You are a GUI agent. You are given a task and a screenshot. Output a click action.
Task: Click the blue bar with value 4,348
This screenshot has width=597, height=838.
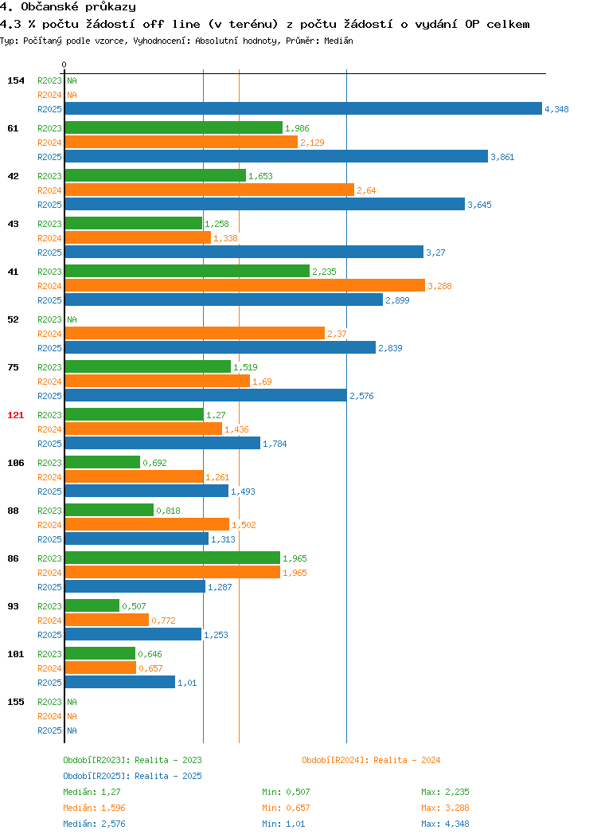303,108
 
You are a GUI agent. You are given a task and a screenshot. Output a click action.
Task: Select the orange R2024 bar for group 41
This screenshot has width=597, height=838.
245,285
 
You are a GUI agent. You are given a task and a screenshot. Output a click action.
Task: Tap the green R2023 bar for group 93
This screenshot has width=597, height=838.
92,605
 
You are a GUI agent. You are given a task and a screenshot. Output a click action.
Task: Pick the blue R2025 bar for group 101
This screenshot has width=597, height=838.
120,682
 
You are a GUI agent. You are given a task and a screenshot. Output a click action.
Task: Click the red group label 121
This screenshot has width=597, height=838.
15,415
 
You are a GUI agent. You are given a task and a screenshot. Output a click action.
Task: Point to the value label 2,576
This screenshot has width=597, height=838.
361,396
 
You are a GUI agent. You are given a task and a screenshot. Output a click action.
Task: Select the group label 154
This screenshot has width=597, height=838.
15,80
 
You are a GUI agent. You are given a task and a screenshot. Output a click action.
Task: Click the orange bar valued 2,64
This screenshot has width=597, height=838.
209,190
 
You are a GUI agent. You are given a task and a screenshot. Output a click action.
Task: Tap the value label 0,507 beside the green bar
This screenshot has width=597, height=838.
134,606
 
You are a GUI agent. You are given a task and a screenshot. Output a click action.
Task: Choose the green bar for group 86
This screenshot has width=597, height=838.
173,558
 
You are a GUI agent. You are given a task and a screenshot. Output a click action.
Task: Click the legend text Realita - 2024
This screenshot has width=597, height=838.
407,760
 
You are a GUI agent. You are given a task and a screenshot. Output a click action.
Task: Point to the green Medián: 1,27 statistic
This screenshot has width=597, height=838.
92,792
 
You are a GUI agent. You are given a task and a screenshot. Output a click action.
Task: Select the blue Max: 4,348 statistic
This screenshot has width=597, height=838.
445,824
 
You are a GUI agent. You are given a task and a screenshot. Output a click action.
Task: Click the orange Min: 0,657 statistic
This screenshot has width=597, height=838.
286,808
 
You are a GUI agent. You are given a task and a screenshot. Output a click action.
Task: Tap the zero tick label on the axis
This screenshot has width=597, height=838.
64,65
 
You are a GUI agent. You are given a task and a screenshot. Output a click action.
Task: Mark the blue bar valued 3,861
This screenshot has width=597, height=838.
276,156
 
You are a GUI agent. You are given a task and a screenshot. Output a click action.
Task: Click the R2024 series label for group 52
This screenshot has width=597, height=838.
49,334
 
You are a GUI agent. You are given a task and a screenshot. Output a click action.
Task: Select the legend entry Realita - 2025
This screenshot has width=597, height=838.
168,776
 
